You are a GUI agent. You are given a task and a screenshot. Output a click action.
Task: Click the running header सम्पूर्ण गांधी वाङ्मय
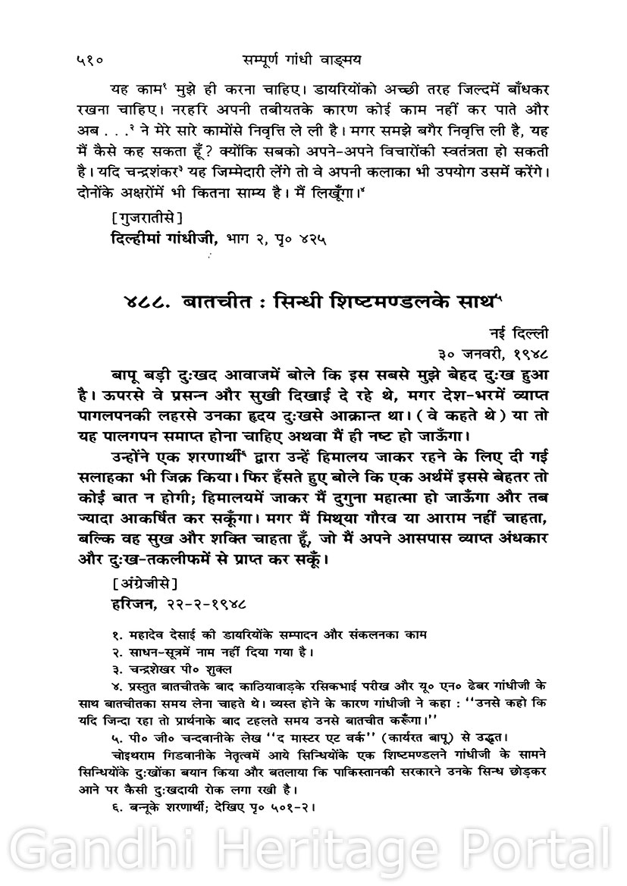click(314, 55)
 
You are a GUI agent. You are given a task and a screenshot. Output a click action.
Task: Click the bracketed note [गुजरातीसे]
click(146, 219)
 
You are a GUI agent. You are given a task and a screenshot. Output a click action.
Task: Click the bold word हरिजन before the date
click(130, 605)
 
